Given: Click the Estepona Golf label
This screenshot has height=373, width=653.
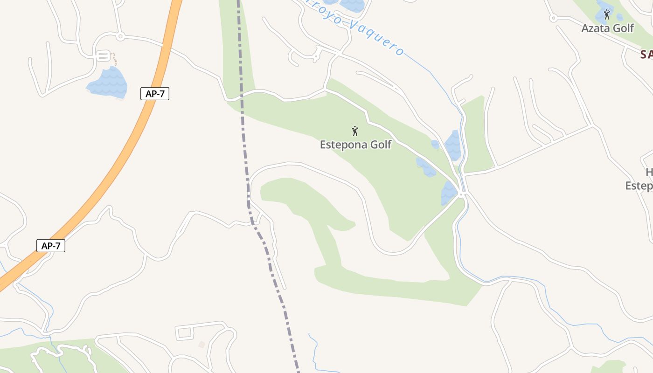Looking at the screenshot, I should [355, 145].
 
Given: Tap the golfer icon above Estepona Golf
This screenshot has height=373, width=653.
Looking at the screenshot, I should [355, 131].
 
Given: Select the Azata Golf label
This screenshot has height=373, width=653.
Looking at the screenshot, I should [607, 28].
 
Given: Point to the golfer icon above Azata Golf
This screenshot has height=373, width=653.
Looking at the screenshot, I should [607, 14].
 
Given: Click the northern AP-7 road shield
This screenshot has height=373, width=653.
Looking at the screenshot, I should [155, 94].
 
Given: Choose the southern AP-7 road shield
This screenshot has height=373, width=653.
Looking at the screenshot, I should [51, 246].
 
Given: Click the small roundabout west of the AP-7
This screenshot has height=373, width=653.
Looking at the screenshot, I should [120, 35].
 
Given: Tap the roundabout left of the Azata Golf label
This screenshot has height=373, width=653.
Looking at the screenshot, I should [553, 18].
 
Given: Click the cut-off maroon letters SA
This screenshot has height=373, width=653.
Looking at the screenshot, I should [646, 55].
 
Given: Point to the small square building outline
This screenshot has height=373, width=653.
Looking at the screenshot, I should [201, 345].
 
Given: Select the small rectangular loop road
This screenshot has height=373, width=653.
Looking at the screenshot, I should [184, 333].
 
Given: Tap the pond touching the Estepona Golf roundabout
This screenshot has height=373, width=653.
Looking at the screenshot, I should [449, 193].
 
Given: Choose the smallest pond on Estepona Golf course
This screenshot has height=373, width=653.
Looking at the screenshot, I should [435, 145].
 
